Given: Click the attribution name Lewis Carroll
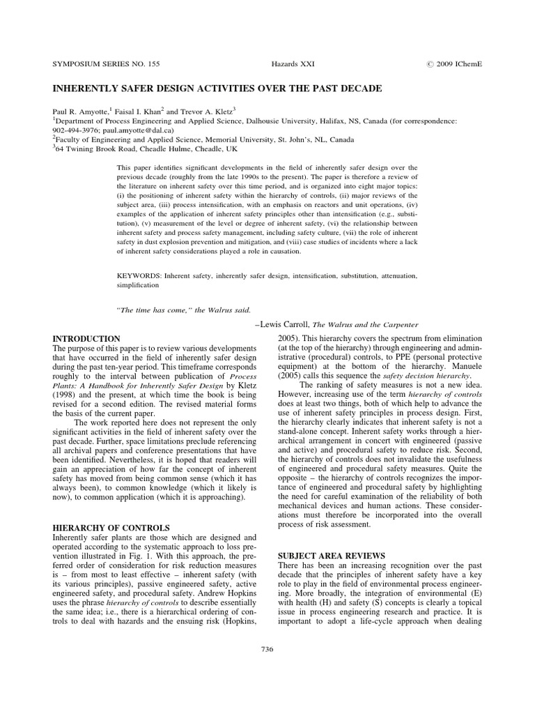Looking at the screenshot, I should point(285,324).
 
